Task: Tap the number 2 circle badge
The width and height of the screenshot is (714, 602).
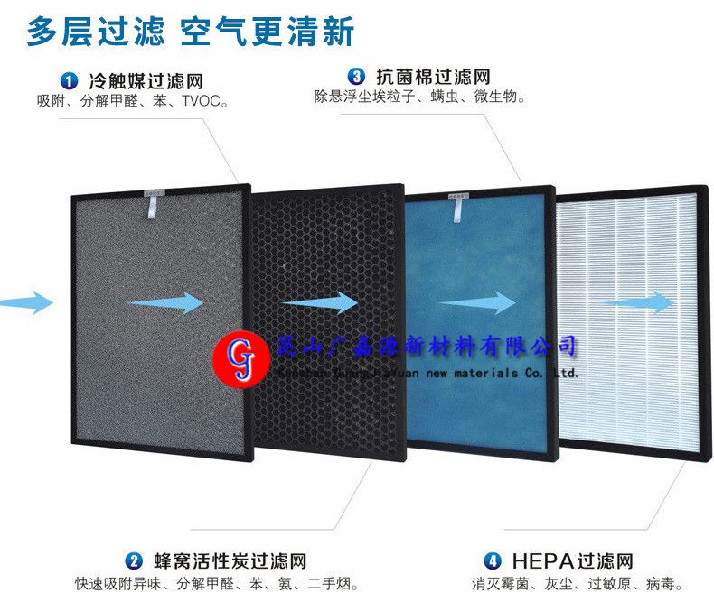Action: [x=134, y=560]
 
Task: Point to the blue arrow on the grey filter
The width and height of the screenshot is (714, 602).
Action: [x=166, y=302]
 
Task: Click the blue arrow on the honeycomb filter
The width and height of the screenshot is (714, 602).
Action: [x=319, y=302]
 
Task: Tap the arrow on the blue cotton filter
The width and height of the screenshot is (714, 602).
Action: [x=476, y=304]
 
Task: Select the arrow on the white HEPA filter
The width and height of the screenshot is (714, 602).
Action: [x=637, y=303]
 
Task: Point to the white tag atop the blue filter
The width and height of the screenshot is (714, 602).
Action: [x=459, y=208]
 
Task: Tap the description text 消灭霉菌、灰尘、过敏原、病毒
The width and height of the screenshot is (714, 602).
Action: [x=577, y=584]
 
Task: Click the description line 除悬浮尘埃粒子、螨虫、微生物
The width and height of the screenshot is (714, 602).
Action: [x=419, y=96]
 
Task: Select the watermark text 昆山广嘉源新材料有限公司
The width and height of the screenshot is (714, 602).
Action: [x=425, y=346]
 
